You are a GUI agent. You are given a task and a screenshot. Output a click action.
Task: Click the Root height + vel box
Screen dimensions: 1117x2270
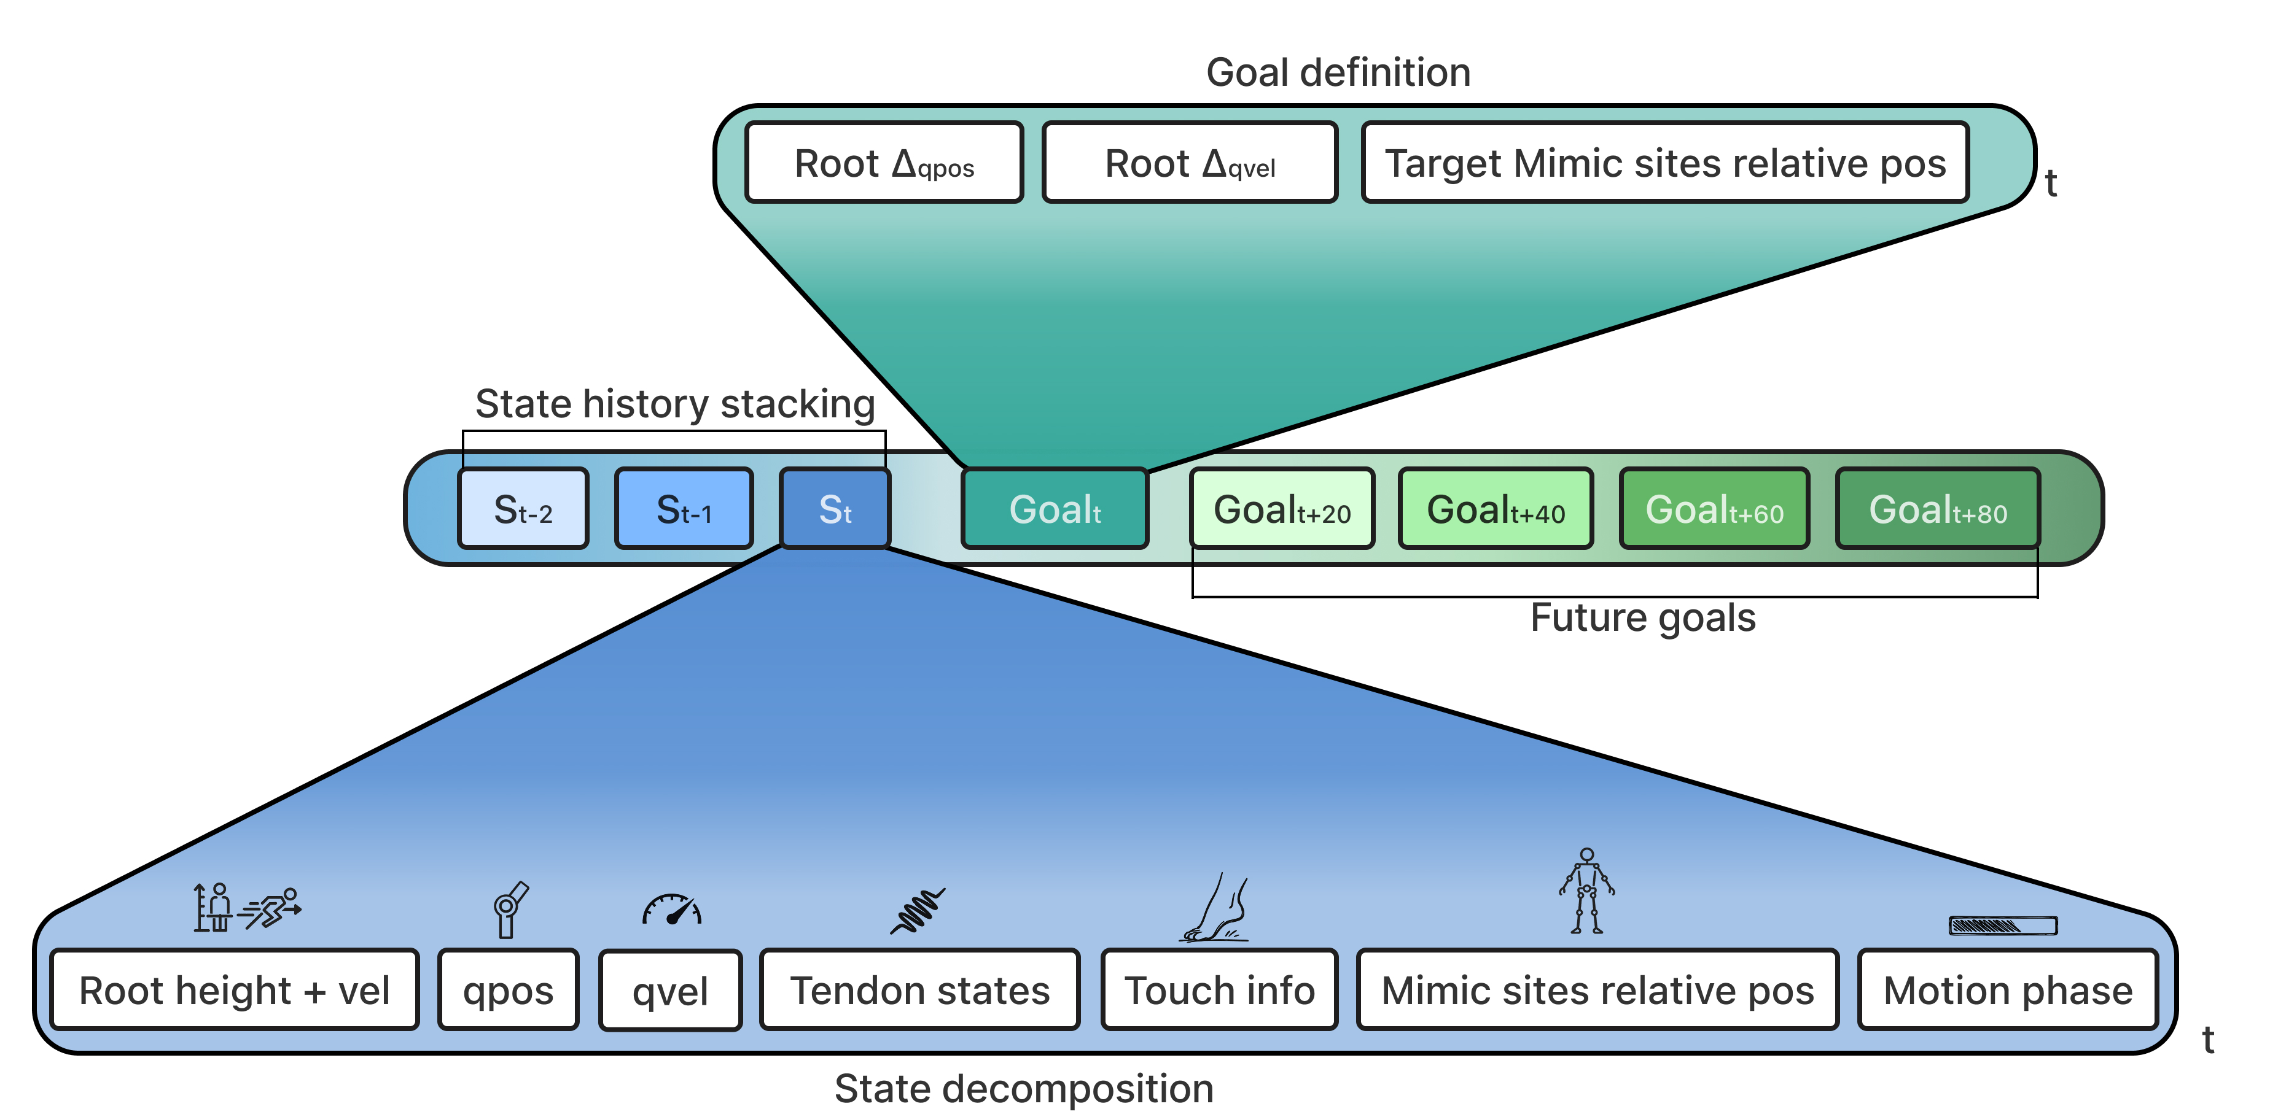point(235,990)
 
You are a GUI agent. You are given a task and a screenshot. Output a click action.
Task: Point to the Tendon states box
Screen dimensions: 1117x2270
point(919,990)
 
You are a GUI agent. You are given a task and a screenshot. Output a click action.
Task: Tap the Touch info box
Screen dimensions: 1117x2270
point(1220,990)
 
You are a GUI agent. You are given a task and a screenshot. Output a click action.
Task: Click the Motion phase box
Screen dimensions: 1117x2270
point(2007,990)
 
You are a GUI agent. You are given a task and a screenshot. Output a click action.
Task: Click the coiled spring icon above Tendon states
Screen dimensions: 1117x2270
point(918,911)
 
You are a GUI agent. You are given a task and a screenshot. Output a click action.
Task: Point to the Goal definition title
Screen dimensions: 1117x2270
point(1338,72)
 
